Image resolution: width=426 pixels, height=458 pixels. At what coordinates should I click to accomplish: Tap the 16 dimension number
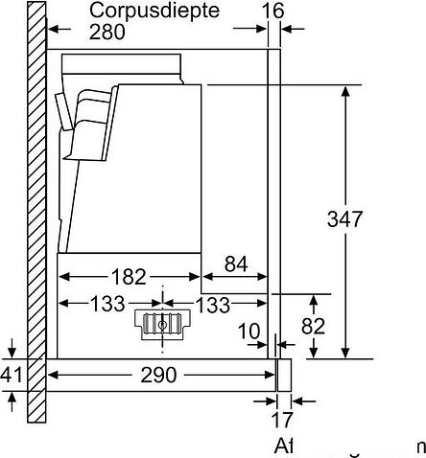click(272, 11)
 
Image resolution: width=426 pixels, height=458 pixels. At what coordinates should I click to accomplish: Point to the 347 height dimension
click(344, 218)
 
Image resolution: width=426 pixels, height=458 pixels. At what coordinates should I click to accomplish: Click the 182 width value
click(128, 277)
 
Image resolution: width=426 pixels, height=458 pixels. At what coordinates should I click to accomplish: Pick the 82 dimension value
click(314, 326)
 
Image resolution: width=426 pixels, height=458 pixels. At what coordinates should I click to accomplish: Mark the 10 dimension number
click(249, 332)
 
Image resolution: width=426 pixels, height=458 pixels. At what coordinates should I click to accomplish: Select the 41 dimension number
click(11, 375)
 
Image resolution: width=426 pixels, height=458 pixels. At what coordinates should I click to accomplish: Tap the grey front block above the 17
click(283, 374)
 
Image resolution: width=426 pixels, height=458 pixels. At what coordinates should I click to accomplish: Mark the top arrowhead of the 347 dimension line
click(345, 91)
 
